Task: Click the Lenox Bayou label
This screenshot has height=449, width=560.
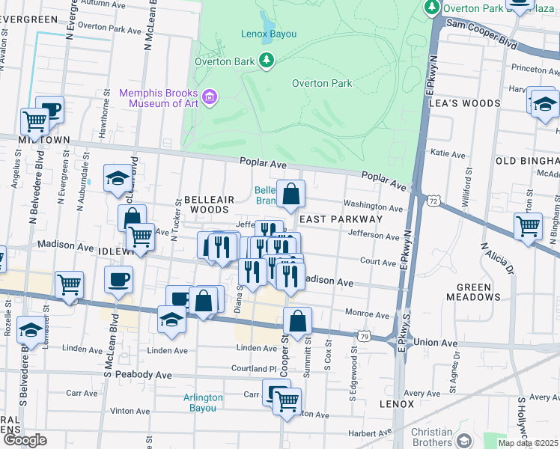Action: click(x=268, y=34)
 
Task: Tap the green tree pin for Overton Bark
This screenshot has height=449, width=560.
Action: click(x=266, y=60)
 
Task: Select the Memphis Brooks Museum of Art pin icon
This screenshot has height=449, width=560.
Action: click(x=210, y=97)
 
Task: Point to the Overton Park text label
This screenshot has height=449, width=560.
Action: click(x=322, y=84)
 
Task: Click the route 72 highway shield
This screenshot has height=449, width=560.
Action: click(x=433, y=200)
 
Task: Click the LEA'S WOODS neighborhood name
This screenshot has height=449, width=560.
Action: click(x=464, y=103)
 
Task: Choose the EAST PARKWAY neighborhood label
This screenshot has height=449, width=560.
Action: click(x=341, y=219)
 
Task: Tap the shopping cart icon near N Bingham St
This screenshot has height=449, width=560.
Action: click(x=529, y=226)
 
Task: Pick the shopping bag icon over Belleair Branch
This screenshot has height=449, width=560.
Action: click(x=291, y=195)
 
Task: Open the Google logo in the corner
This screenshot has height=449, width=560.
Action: click(x=25, y=440)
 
